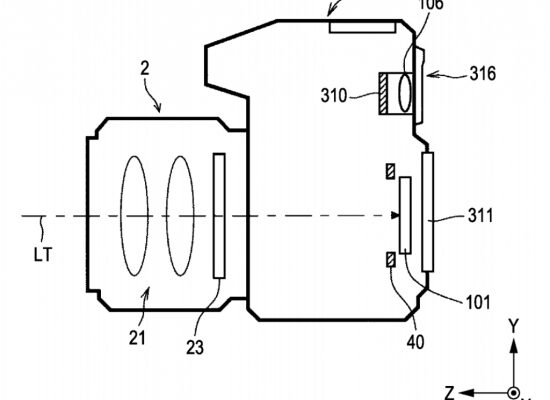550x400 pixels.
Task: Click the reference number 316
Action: tap(483, 74)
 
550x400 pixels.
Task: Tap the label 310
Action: tap(334, 95)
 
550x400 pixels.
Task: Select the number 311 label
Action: tap(481, 215)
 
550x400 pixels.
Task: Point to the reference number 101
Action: tap(478, 302)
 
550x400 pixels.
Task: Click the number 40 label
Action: tap(415, 341)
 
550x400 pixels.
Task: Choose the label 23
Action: tap(195, 348)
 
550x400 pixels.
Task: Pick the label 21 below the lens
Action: tap(137, 338)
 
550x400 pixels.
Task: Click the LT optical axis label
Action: tap(43, 255)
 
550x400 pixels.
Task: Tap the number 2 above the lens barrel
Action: tap(145, 68)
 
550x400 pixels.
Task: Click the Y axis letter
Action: tap(514, 326)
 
